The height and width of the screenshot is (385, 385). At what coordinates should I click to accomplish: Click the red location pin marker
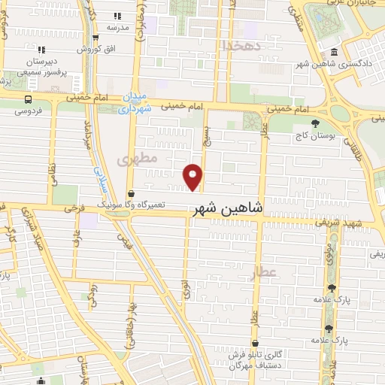194,176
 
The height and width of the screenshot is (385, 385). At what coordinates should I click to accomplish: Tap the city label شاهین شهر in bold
228,209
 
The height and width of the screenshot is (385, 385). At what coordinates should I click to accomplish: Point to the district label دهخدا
240,46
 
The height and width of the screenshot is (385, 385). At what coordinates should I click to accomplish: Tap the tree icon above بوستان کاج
315,123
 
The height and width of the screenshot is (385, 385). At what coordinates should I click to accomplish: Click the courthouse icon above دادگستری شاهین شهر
334,52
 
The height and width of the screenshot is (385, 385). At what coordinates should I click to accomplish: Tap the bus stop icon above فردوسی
29,99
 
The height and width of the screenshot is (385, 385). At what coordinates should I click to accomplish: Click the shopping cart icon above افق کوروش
95,38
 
